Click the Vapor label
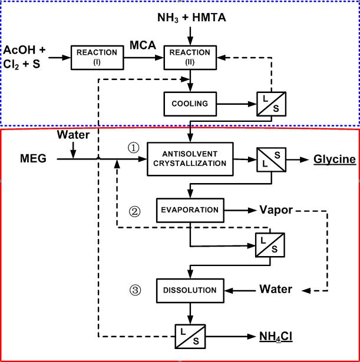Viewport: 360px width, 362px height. click(276, 210)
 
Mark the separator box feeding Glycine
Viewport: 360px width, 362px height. click(270, 159)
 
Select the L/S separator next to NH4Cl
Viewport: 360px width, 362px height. click(191, 338)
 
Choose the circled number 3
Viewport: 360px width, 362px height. click(136, 290)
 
